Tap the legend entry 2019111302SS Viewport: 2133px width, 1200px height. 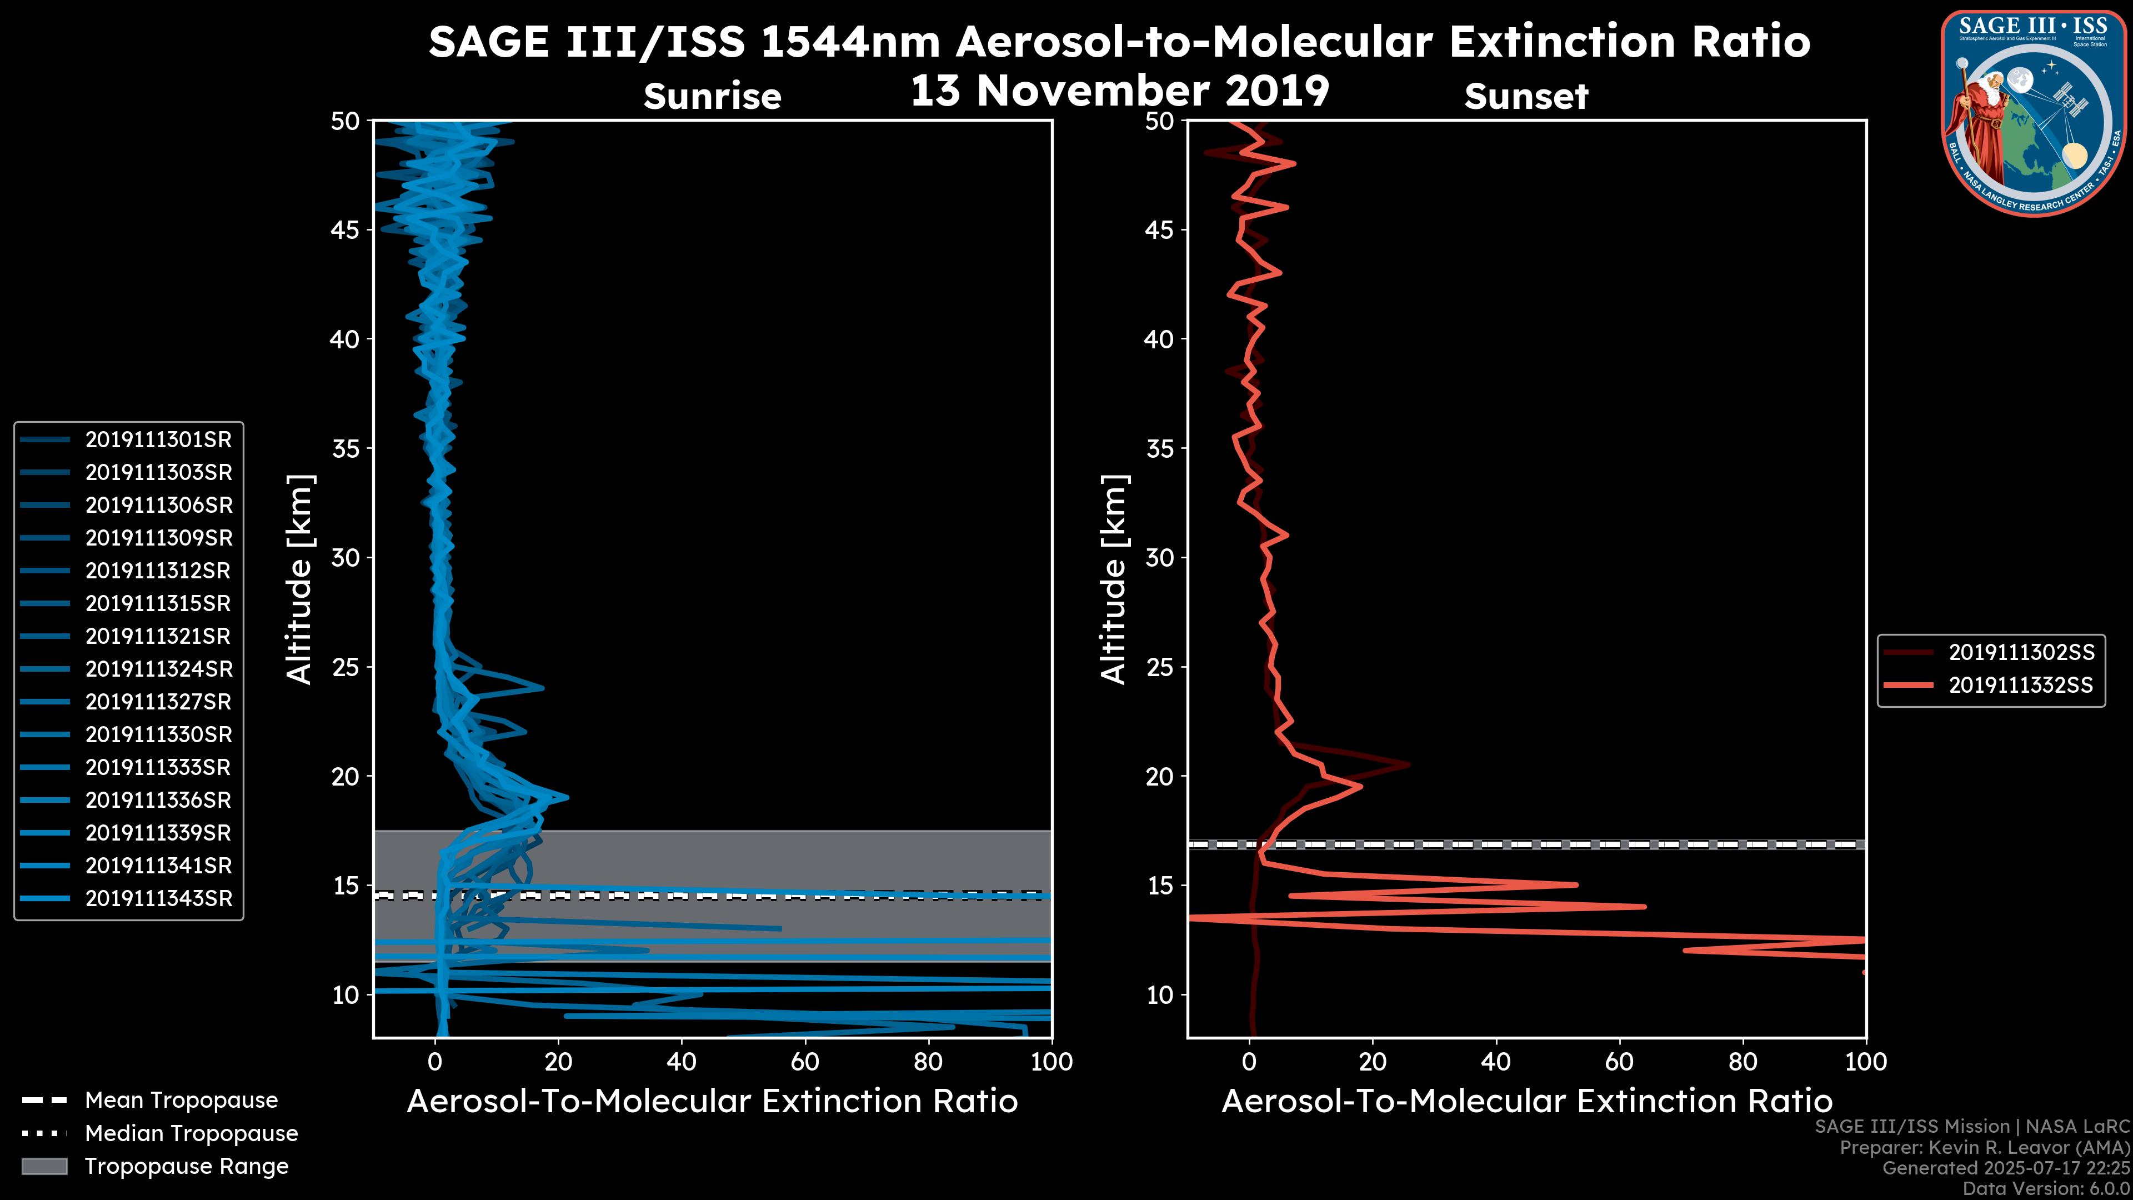2020,653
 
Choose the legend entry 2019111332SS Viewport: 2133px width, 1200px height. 2020,686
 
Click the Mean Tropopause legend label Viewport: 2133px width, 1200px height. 181,1100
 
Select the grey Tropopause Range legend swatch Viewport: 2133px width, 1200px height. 44,1166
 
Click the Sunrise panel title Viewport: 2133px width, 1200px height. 712,97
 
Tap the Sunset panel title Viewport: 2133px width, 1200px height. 1526,97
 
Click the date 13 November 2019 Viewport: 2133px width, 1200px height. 1119,91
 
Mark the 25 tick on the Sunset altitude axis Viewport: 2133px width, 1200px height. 1160,667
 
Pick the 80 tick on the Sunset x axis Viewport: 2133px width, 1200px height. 1743,1062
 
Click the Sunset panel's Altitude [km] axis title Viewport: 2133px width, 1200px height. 1114,579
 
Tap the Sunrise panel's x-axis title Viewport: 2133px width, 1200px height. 712,1102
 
